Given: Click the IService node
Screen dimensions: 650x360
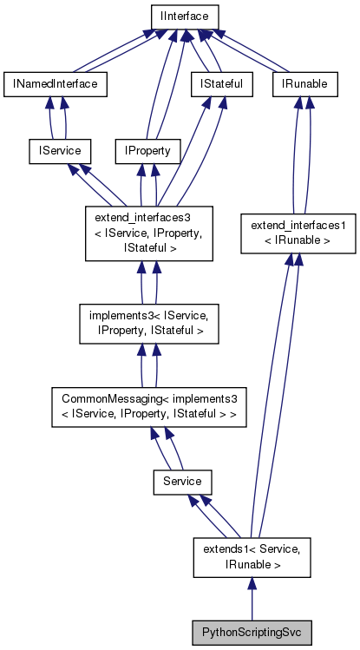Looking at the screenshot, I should pos(55,151).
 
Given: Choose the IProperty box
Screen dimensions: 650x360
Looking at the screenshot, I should pos(147,151).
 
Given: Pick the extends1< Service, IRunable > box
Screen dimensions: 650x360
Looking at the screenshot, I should pos(251,555).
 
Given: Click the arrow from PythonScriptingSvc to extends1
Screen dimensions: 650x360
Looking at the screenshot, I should pos(251,599).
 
